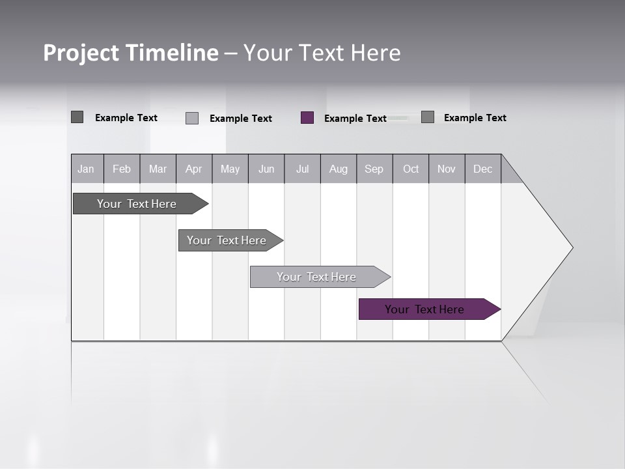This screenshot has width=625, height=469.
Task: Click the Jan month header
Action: point(86,169)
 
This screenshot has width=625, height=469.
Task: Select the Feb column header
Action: point(122,169)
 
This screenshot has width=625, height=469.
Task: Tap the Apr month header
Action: point(193,169)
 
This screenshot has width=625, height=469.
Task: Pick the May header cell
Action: point(230,169)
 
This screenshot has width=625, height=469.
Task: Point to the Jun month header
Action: point(266,169)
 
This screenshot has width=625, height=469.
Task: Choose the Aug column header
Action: point(339,169)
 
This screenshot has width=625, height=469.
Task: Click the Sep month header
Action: point(374,169)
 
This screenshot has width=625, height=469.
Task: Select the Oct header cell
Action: point(411,169)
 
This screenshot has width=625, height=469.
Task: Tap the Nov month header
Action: point(447,169)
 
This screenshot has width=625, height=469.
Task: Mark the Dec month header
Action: point(482,169)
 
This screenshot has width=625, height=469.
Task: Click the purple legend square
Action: point(307,118)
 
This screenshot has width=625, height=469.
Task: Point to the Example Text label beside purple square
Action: point(355,119)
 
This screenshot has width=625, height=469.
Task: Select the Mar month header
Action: point(158,169)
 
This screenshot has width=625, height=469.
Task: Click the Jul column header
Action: point(303,169)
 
